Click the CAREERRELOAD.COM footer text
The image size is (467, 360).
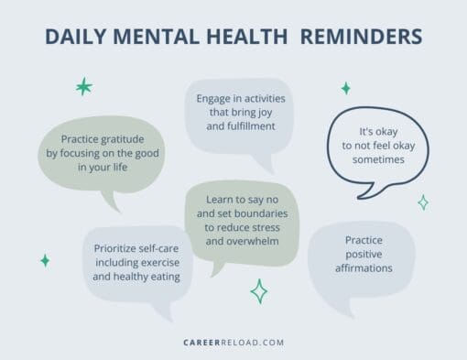233,343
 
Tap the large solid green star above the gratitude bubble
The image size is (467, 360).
83,87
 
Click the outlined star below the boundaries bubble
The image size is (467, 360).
259,291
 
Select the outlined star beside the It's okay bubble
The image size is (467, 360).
422,202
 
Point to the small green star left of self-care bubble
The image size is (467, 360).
45,260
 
